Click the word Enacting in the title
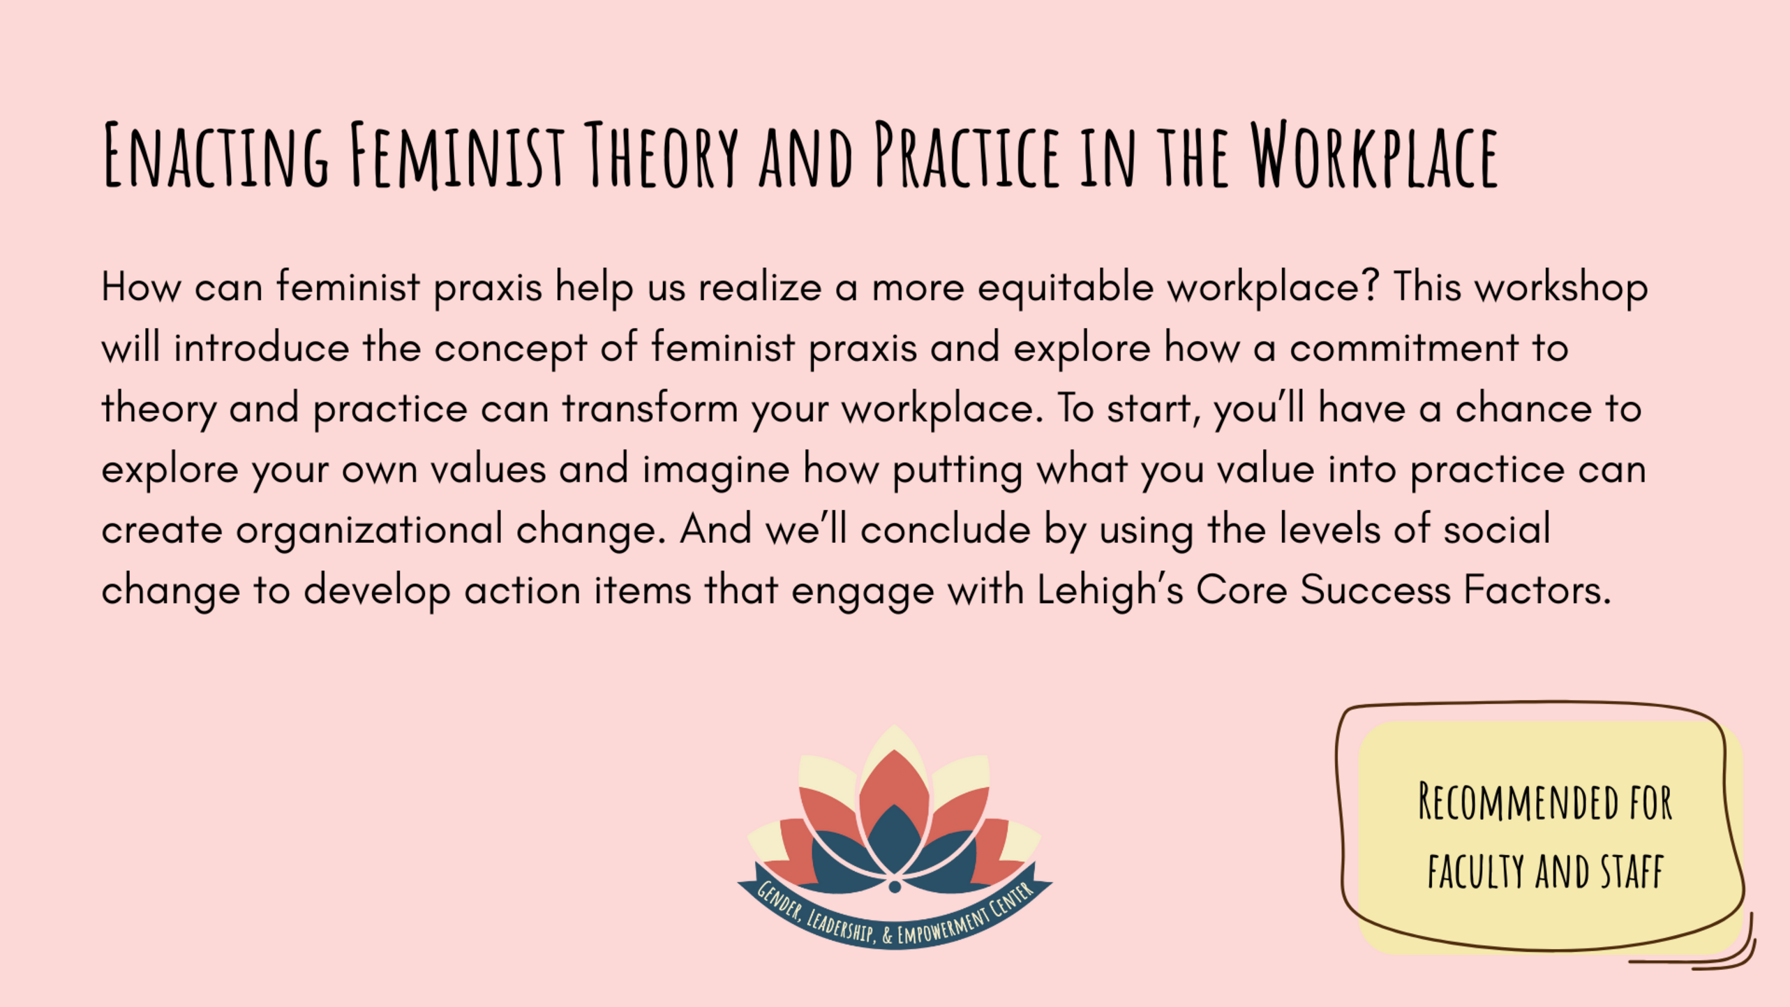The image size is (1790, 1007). click(216, 155)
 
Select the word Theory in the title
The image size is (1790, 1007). click(660, 155)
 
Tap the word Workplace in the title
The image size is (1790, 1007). click(1373, 155)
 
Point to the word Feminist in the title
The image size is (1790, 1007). click(456, 155)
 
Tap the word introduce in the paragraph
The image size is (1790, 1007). click(262, 348)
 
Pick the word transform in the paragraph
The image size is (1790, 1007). click(650, 408)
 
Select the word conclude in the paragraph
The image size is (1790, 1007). click(946, 528)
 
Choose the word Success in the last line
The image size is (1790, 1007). click(1375, 590)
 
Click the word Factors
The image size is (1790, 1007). click(1537, 590)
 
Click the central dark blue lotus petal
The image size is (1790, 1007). click(894, 837)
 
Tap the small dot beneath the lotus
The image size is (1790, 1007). click(895, 887)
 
